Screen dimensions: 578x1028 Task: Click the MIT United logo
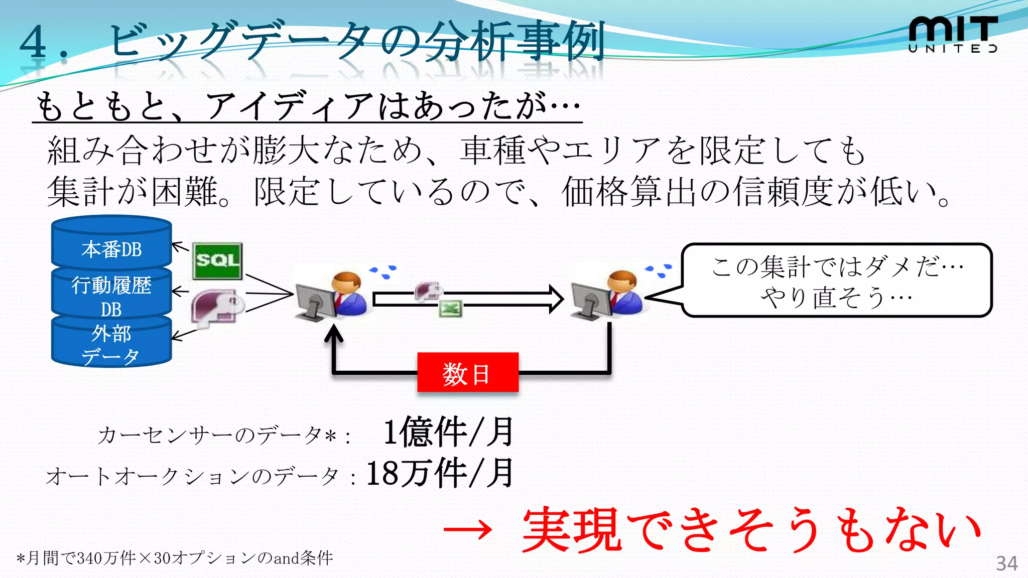(952, 34)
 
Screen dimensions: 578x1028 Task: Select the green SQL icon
(217, 261)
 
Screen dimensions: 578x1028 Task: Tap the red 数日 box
(467, 373)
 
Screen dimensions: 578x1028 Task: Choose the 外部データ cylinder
(111, 344)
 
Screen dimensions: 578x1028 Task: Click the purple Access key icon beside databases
(217, 307)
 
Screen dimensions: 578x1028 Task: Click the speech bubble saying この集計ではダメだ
(837, 280)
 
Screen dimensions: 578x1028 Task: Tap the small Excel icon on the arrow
(450, 308)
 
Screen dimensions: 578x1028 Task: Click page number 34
(1006, 563)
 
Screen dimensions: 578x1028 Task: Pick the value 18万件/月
(440, 473)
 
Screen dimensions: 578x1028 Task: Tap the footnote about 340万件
(175, 558)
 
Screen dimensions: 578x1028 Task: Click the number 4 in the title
(34, 42)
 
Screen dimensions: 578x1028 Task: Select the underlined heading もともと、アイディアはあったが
(307, 106)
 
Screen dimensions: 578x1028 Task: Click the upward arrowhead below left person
(333, 334)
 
